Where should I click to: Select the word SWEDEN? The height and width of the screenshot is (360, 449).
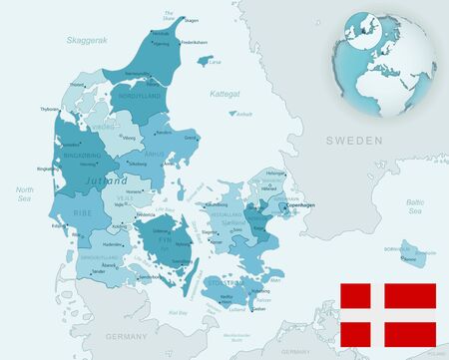click(x=354, y=143)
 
